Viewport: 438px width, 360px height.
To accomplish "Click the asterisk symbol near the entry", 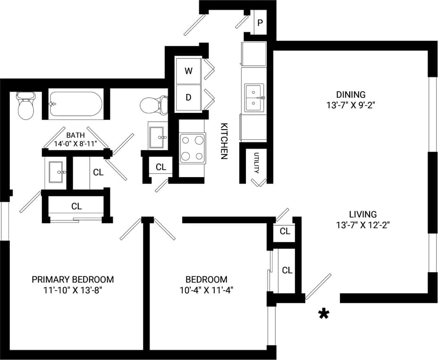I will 324,314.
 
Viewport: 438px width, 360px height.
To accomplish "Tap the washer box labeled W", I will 189,71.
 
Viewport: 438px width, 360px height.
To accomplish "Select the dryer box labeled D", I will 189,98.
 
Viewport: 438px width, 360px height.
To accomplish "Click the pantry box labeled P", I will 260,23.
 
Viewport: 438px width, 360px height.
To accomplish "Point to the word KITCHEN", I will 224,141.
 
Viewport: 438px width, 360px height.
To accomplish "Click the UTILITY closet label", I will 256,163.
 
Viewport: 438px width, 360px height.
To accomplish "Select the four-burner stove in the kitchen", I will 193,148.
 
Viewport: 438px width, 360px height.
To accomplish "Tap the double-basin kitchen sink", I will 254,97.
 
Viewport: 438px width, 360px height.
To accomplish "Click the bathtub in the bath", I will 76,103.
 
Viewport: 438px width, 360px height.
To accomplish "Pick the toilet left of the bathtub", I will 25,106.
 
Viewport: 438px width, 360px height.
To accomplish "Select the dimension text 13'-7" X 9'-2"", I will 350,105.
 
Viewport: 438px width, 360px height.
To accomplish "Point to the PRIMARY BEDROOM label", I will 73,279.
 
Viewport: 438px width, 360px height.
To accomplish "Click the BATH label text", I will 76,135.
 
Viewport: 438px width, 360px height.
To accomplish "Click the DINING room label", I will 350,94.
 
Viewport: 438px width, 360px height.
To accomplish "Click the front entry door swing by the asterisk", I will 318,286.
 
